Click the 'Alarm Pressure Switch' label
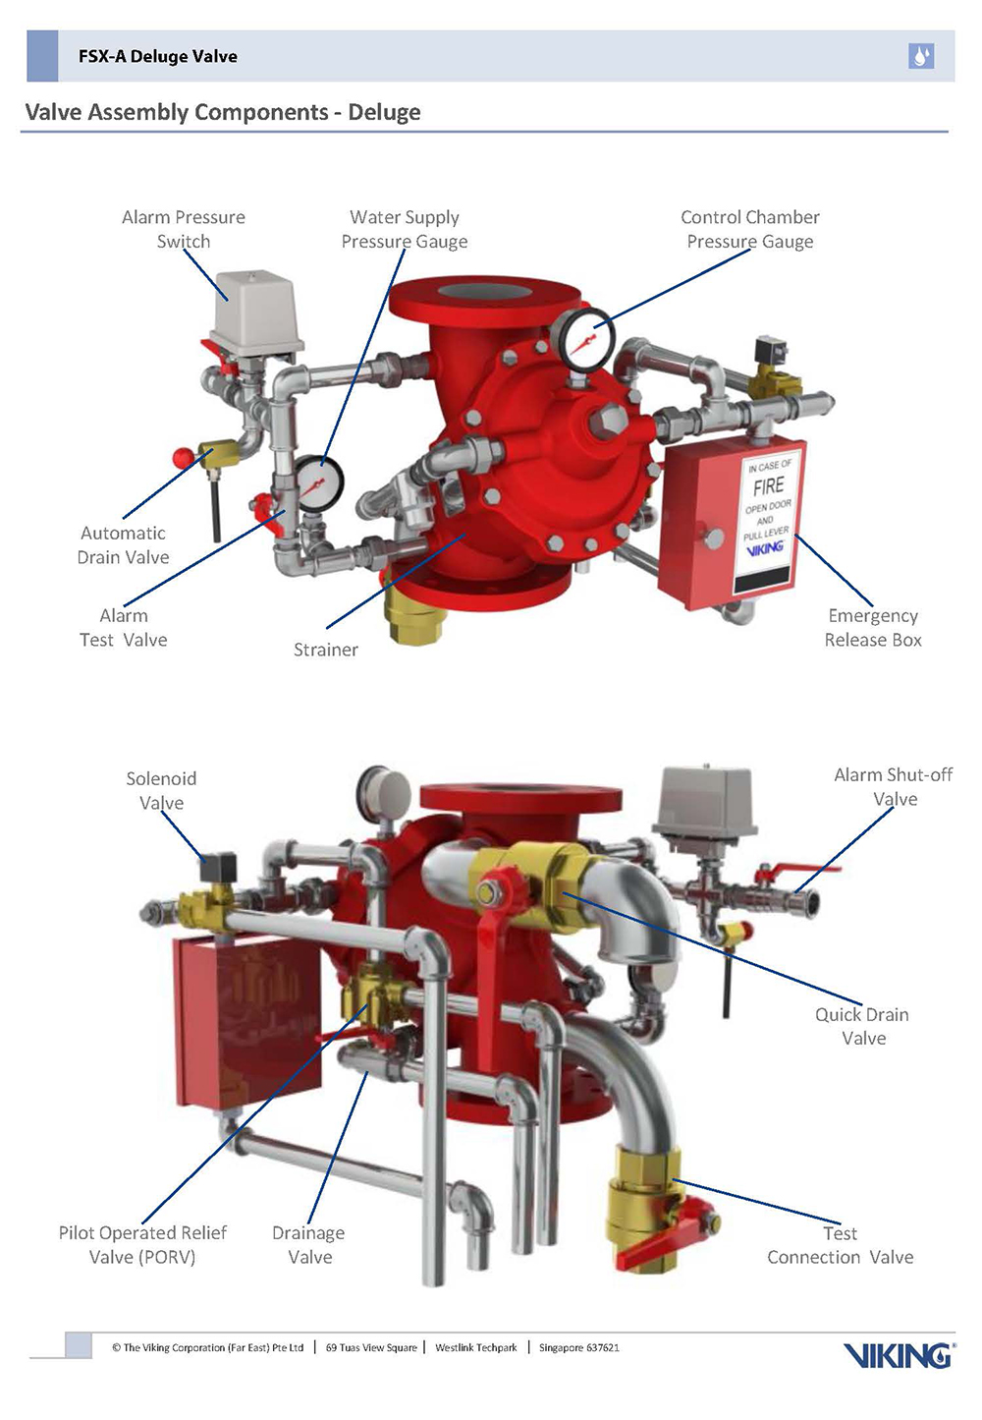coord(184,229)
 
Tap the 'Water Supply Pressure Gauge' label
coord(405,229)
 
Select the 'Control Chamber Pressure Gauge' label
coord(750,229)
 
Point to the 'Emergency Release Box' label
coord(873,628)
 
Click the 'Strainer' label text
coord(326,650)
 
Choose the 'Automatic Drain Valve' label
coord(124,545)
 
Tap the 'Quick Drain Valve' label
coord(862,1026)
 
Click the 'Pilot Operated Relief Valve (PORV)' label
coord(142,1245)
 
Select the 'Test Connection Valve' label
coord(841,1245)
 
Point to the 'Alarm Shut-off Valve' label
coord(894,787)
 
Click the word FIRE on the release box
coord(768,486)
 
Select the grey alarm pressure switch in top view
coord(257,309)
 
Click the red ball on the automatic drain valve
coord(183,458)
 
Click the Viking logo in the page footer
coord(898,1356)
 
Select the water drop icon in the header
coord(921,56)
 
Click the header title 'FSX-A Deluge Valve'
coord(158,56)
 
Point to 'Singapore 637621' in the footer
coord(579,1347)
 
